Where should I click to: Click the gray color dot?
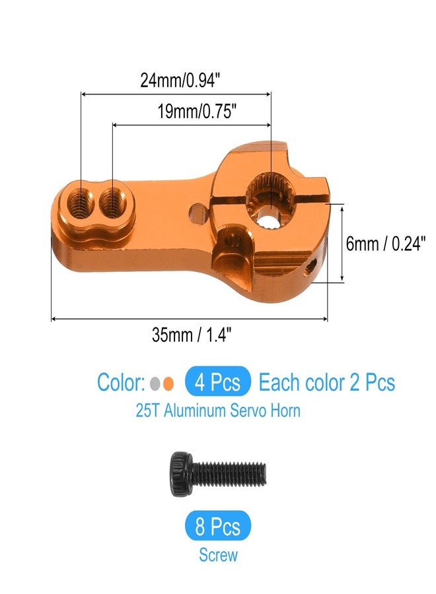tap(155, 383)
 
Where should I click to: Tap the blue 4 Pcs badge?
tap(218, 382)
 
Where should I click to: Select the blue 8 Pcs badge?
tap(218, 527)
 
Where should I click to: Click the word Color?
tap(121, 382)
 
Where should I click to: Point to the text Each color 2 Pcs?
tap(326, 382)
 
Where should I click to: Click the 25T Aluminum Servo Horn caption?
tap(218, 411)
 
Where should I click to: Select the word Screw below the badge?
tap(218, 555)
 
